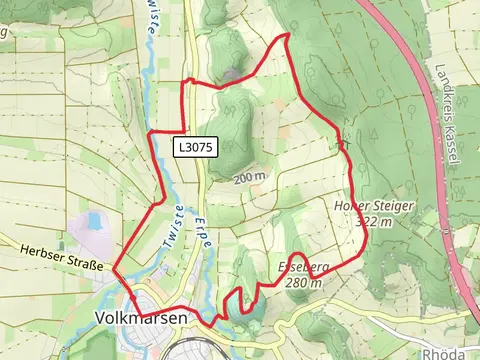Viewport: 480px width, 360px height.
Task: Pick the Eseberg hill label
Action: tap(300, 268)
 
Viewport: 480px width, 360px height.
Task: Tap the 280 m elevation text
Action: tap(302, 283)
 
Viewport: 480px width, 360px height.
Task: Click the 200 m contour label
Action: tap(249, 178)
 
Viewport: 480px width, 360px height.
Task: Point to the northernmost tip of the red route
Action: tap(289, 34)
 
